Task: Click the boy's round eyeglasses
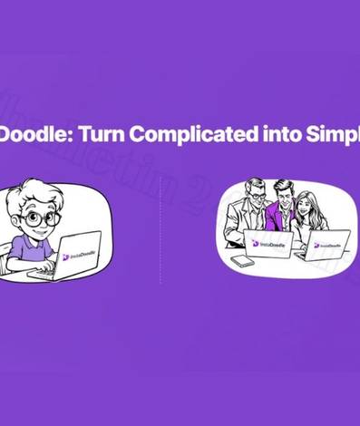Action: [43, 218]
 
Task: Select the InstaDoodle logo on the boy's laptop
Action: [76, 256]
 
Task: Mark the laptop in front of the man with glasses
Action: [268, 243]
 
